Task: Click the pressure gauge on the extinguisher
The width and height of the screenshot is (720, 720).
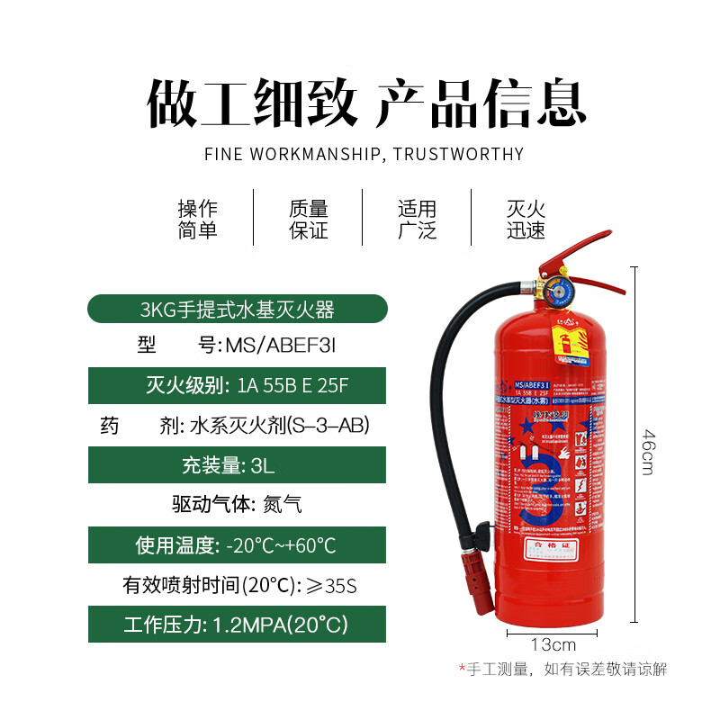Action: pos(553,293)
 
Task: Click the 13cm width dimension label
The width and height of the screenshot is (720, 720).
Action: pos(553,644)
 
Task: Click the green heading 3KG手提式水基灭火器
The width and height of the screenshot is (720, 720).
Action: pos(237,310)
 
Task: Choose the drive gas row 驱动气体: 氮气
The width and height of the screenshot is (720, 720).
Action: pos(237,505)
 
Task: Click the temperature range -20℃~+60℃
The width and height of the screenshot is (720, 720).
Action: pos(281,545)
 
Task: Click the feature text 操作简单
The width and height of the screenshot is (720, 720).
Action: pos(197,220)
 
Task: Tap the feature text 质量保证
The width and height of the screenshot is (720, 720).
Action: pos(308,220)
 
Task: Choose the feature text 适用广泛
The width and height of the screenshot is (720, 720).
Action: pos(417,220)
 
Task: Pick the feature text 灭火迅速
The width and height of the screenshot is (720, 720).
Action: pos(526,220)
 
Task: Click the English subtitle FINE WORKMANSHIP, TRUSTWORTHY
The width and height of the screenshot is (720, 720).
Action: pos(364,154)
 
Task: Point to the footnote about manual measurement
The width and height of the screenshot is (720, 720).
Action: pos(563,670)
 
